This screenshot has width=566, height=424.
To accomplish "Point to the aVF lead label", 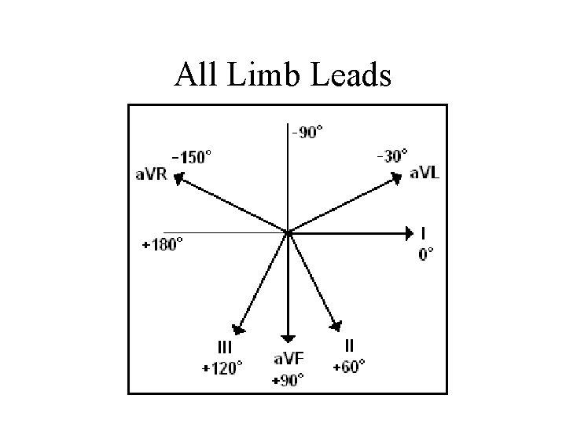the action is (x=289, y=359).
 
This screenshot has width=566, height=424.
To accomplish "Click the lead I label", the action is (x=424, y=233).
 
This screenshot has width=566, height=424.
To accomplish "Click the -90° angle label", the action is (x=307, y=133).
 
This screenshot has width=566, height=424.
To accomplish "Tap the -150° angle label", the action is (x=192, y=157).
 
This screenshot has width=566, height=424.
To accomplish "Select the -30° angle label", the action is (x=391, y=155).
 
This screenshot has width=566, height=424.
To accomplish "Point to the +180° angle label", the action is (x=162, y=244).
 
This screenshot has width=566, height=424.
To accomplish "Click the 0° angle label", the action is (x=425, y=254).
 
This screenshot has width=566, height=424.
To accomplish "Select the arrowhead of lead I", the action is (x=409, y=232).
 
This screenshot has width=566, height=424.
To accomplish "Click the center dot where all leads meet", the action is (x=289, y=232).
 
